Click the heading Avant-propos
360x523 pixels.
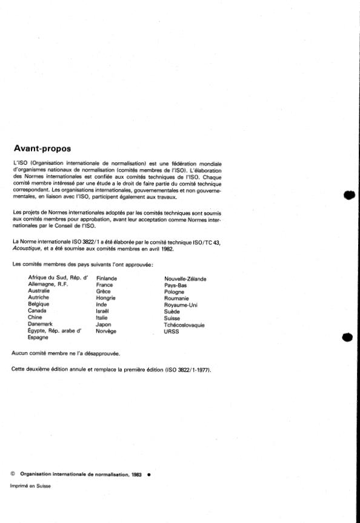click(x=42, y=148)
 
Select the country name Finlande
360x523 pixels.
click(x=107, y=278)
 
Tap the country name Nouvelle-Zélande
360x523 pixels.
click(x=185, y=279)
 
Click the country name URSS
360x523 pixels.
click(x=172, y=331)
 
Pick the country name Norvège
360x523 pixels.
click(x=106, y=331)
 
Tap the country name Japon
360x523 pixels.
click(x=103, y=325)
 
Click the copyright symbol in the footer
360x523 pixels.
click(x=13, y=475)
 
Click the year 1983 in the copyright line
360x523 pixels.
click(x=135, y=475)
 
